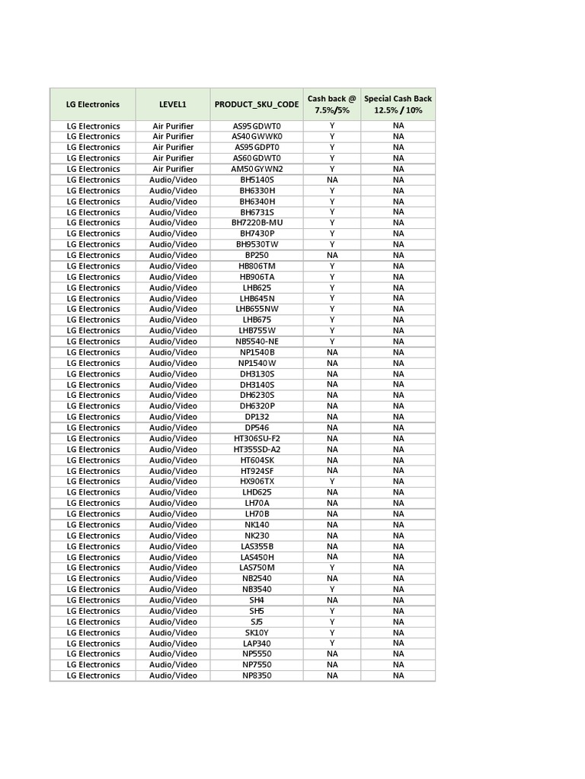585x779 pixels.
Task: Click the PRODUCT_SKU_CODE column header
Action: click(x=257, y=104)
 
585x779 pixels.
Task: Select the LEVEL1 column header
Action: click(x=173, y=104)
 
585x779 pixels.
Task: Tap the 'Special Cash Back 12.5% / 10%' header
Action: click(x=398, y=104)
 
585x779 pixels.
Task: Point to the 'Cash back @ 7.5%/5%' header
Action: click(x=332, y=104)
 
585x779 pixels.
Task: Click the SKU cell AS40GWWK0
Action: click(x=257, y=137)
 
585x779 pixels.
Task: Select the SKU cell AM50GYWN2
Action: click(x=257, y=169)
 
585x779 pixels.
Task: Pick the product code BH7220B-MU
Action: click(x=257, y=223)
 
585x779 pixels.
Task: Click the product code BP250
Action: click(x=257, y=256)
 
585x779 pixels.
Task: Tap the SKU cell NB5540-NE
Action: click(x=257, y=342)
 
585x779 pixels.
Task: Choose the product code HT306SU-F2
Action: click(x=257, y=439)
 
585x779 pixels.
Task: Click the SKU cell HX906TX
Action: click(x=257, y=482)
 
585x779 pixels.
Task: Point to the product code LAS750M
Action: click(x=257, y=568)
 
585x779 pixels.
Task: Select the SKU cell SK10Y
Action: click(x=257, y=633)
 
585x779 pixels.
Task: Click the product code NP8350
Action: click(x=257, y=676)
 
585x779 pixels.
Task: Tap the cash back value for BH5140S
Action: click(x=332, y=180)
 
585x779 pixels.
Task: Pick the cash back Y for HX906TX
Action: click(x=332, y=482)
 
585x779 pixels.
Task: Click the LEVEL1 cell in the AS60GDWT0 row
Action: click(x=173, y=158)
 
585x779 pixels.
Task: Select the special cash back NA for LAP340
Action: click(x=398, y=644)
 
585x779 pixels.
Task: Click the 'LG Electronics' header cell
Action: click(x=93, y=104)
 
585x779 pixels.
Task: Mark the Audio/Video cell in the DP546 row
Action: click(x=173, y=428)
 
